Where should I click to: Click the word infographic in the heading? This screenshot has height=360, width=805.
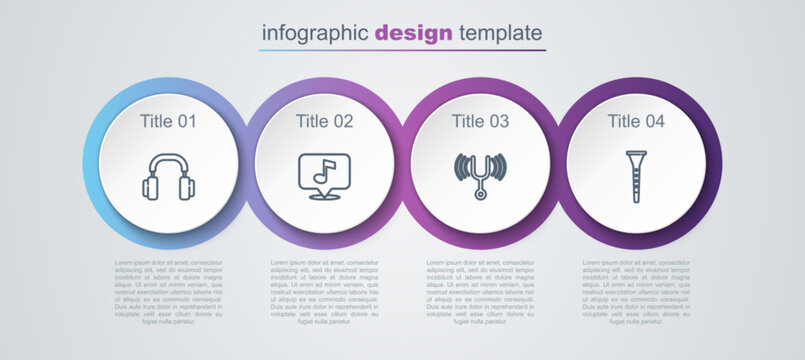(315, 32)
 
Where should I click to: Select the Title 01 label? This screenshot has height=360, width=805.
(169, 122)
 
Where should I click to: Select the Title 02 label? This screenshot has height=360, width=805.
(325, 122)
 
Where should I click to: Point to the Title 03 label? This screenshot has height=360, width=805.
(480, 122)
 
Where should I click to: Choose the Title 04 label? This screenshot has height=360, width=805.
(636, 122)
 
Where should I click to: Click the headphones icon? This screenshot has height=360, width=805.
(169, 177)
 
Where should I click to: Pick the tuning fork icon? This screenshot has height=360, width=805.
(480, 176)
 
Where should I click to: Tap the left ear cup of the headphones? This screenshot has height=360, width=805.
(151, 186)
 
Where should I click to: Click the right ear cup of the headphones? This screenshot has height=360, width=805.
(187, 186)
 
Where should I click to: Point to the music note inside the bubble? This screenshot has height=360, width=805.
(322, 172)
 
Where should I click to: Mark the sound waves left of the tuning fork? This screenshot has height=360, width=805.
(460, 166)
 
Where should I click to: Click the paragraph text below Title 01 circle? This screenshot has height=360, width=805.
(169, 292)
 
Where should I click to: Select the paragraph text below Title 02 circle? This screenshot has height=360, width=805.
(325, 292)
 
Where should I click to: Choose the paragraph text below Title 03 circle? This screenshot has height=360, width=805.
(480, 292)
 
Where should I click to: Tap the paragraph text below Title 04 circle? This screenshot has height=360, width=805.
(636, 292)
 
